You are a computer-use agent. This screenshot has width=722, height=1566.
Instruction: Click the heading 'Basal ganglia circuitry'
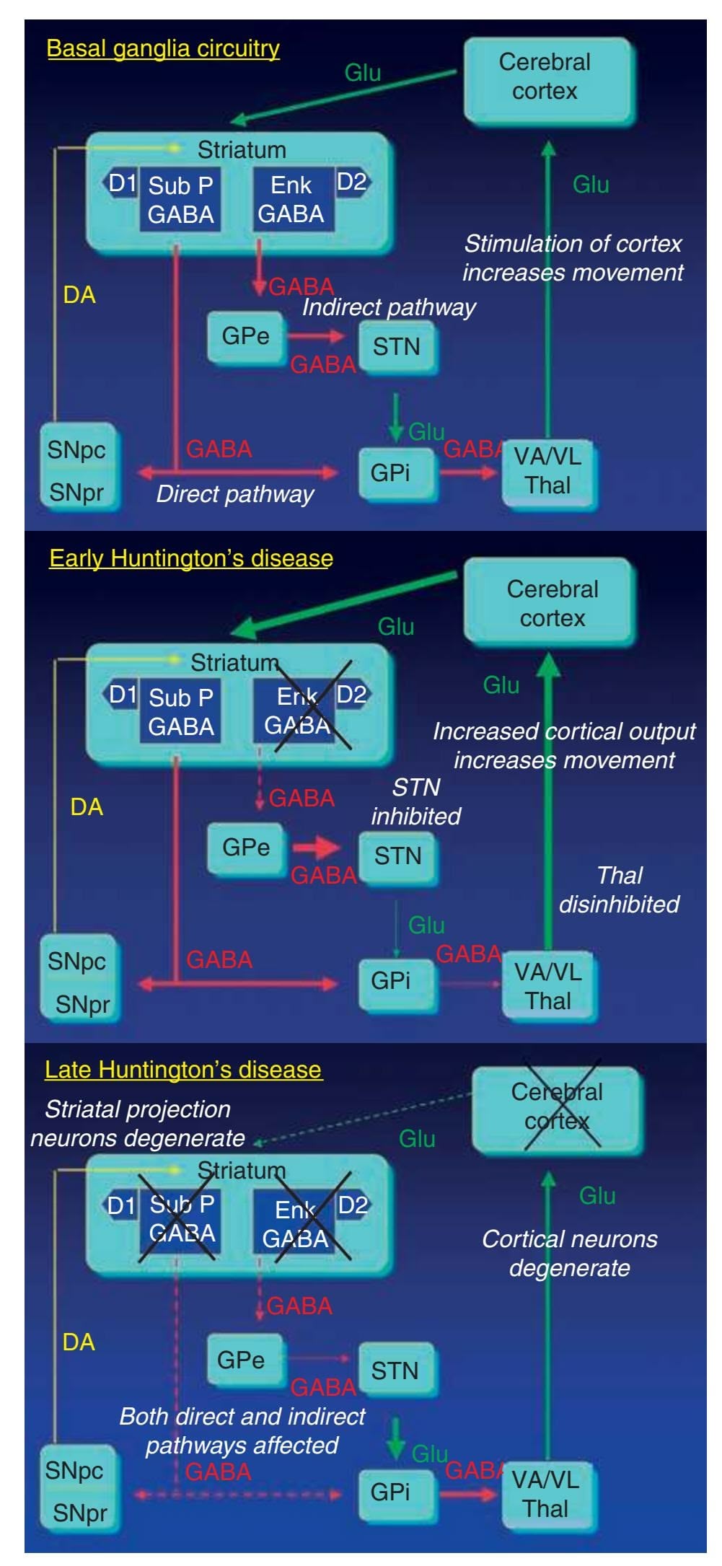[x=163, y=48]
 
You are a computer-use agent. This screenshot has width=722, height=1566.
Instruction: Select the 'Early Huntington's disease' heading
[x=191, y=558]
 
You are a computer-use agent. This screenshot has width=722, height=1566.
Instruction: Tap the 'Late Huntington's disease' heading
[x=183, y=1069]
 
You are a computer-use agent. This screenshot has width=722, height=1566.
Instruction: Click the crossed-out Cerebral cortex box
[x=557, y=1107]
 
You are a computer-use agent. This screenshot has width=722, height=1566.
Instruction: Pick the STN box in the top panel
[x=397, y=347]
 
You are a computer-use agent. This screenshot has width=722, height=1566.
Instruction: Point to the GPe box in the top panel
[x=245, y=336]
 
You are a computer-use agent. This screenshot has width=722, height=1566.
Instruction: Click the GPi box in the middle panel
[x=391, y=981]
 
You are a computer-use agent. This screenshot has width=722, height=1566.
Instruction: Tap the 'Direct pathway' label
[x=235, y=494]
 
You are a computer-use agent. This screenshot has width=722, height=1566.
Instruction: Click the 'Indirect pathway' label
[x=389, y=307]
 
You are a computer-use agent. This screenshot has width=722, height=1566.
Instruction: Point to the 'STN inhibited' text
[x=416, y=801]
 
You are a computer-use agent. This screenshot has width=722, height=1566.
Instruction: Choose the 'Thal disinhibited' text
[x=619, y=889]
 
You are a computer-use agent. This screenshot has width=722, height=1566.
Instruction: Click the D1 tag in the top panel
[x=122, y=184]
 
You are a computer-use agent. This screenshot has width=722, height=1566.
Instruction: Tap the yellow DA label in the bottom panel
[x=79, y=1342]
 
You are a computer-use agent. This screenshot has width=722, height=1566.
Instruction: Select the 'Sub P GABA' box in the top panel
[x=180, y=200]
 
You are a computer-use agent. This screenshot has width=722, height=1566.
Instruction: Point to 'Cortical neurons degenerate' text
[x=569, y=1253]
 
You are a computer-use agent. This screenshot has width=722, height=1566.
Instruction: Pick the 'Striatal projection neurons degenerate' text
[x=138, y=1123]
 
